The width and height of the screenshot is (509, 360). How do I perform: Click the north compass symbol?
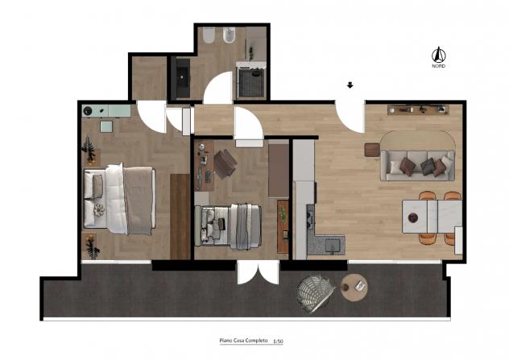coord(438,55)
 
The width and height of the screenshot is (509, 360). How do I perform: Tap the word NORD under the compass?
coord(439,66)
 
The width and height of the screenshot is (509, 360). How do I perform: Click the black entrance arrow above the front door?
coord(350,85)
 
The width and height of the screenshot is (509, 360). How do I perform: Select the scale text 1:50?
coord(278,341)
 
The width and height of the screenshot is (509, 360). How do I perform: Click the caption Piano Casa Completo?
coord(243,341)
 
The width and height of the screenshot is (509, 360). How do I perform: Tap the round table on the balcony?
coord(354,288)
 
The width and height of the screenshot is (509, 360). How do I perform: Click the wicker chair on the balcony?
coord(316,293)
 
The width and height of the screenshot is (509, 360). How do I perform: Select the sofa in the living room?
coord(417,165)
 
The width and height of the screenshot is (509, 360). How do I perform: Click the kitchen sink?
coord(333,245)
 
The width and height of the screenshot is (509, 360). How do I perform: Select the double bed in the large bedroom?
coord(119,198)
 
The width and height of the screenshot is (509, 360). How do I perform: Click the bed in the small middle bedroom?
coord(228,226)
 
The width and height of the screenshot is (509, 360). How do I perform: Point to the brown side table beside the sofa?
coord(372,150)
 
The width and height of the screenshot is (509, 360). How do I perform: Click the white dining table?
coord(432,217)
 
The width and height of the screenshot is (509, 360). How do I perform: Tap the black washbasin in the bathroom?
coord(183,78)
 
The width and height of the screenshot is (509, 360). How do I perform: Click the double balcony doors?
coord(258,273)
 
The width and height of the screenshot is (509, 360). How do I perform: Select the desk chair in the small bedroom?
coord(225,163)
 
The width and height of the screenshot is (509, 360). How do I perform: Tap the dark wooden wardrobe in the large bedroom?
coord(180,217)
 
